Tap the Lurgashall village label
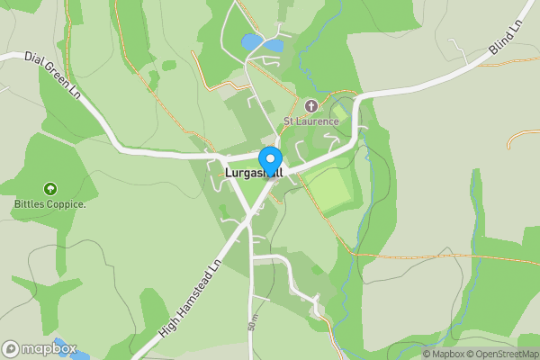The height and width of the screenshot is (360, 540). [253, 172]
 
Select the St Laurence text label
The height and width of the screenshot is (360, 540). [310, 121]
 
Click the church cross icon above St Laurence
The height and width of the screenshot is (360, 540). [311, 105]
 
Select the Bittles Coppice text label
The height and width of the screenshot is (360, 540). [49, 203]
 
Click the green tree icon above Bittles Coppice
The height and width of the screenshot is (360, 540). [49, 189]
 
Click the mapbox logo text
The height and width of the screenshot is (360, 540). [49, 348]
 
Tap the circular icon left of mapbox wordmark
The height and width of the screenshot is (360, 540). [11, 348]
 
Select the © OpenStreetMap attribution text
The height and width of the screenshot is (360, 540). [505, 354]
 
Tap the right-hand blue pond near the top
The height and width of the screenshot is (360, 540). [273, 44]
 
